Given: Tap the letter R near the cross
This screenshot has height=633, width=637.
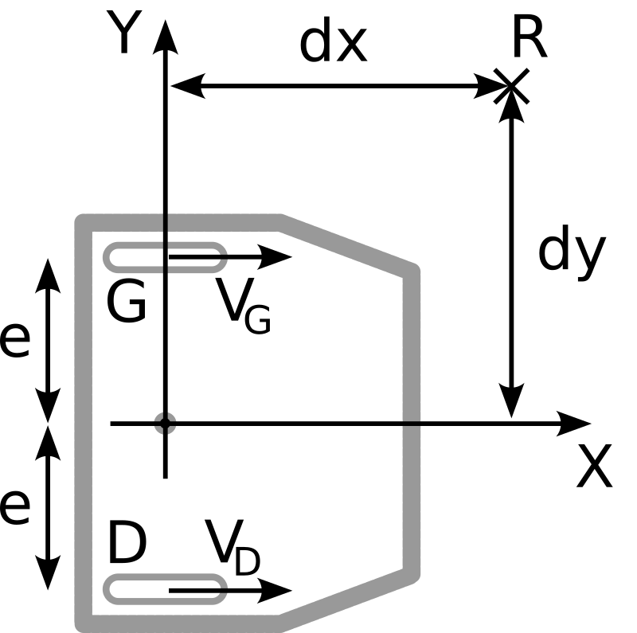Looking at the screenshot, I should [x=530, y=38].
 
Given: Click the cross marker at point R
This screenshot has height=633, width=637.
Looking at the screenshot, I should [x=510, y=85].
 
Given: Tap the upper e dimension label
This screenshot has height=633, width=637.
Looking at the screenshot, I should [x=14, y=341].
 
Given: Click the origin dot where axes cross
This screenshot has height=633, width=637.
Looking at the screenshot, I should [x=165, y=423].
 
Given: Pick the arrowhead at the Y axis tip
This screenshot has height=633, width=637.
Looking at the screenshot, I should [x=165, y=32].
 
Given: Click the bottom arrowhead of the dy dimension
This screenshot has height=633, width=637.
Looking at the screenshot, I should [x=510, y=402].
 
